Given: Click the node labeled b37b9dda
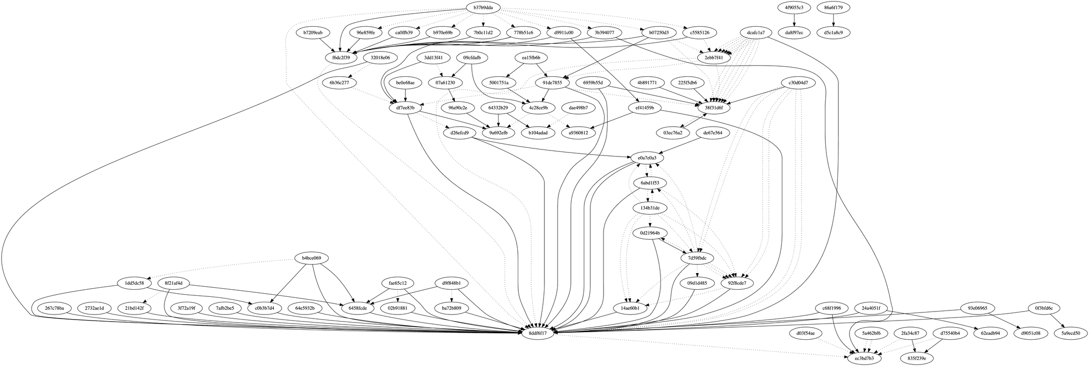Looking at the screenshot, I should [483, 8].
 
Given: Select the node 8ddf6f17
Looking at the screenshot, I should [541, 333].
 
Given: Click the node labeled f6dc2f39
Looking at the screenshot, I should [341, 58].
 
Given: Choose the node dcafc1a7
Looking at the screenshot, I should [756, 33].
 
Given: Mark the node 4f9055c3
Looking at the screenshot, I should [794, 8].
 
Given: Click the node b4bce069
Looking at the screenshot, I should [312, 258].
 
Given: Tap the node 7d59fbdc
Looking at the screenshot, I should [697, 258].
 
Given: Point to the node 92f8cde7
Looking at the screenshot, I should [737, 283].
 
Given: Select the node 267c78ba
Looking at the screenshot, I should [51, 308].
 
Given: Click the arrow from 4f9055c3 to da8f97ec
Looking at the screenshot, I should [794, 20].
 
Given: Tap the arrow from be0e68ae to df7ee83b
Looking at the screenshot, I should [405, 95].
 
